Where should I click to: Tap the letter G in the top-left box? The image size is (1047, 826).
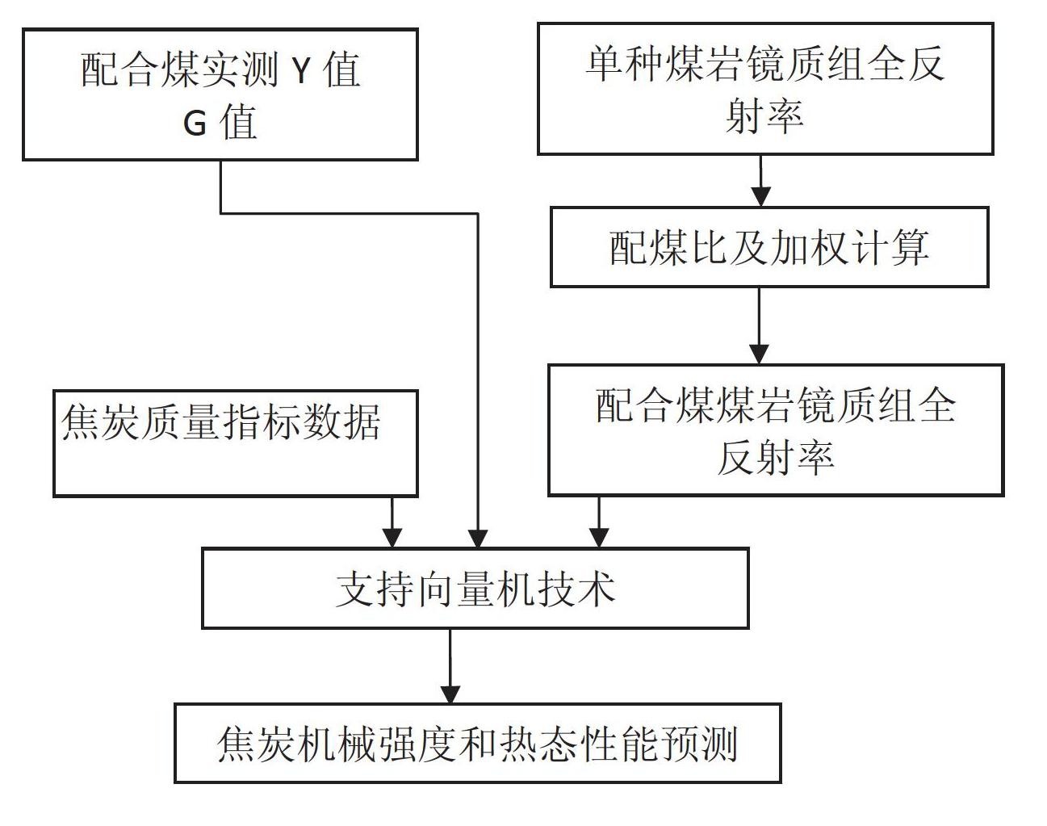pos(195,124)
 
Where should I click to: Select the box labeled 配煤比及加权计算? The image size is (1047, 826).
pos(769,247)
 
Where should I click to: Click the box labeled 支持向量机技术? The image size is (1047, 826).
pos(475,588)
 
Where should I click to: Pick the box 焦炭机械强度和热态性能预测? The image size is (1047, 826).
pos(478,744)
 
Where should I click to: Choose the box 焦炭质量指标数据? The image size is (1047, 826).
pos(236,443)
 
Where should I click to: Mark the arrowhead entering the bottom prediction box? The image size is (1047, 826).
pos(450,694)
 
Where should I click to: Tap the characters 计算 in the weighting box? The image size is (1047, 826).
pos(890,247)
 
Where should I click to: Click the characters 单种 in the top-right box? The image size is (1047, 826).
pos(624,65)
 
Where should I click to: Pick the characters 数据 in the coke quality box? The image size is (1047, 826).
pos(341,421)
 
